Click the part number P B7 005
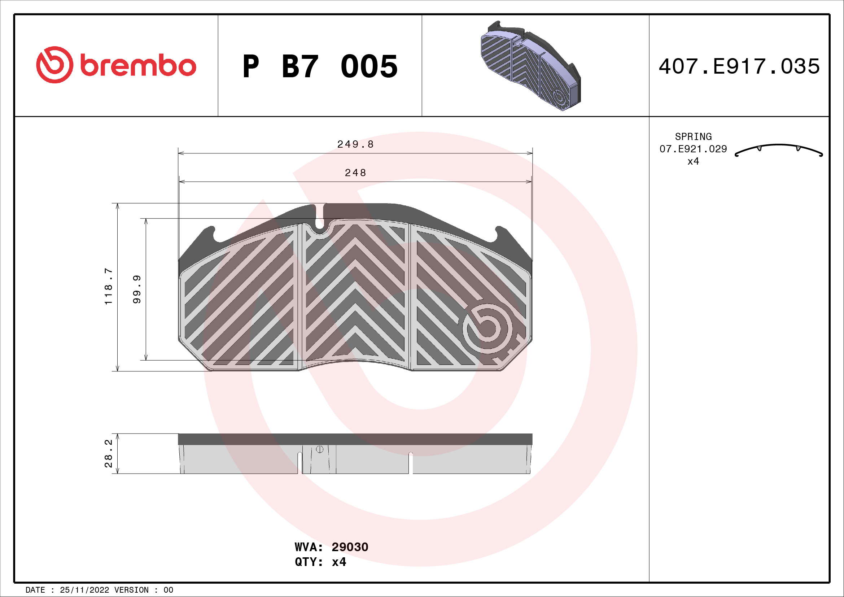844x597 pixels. pos(320,66)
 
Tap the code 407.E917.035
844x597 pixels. pos(739,66)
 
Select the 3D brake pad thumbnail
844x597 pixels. pos(530,66)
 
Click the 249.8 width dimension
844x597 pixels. pos(355,144)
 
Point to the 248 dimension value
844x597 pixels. pos(355,173)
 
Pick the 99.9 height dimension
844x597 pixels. pos(137,289)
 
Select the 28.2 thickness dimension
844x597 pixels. pos(109,454)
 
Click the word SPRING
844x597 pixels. pos(693,137)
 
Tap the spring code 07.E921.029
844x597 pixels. pos(693,149)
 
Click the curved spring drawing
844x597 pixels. pos(779,150)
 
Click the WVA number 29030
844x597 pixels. pos(350,547)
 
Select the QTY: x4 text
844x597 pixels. pos(320,562)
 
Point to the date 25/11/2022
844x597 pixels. pos(84,590)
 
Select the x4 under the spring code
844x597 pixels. pos(693,161)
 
